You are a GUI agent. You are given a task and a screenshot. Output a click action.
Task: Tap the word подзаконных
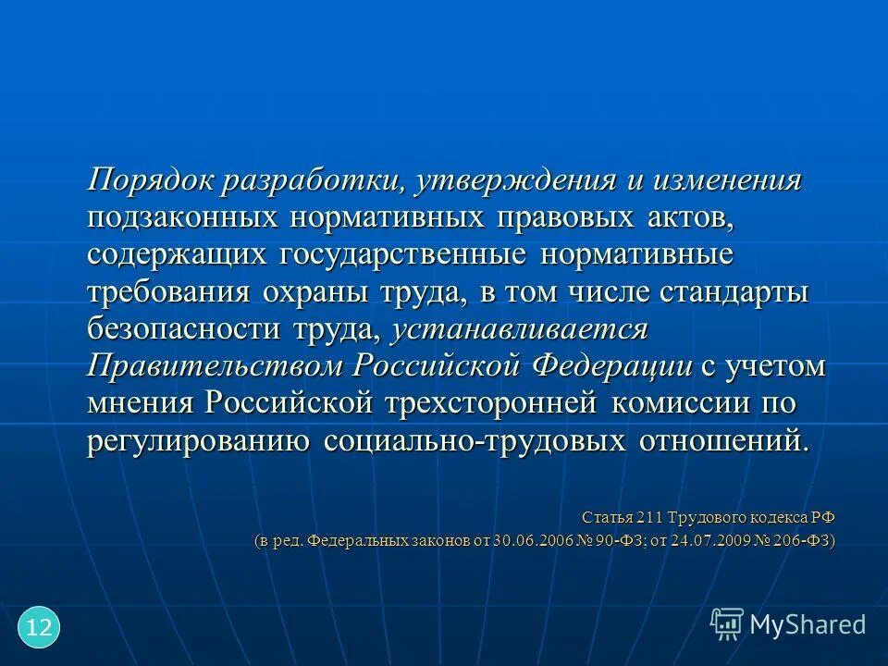pos(182,218)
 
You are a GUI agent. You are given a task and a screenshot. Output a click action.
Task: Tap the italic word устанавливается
pos(521,329)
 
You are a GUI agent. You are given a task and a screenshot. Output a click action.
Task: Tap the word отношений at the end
pos(724,440)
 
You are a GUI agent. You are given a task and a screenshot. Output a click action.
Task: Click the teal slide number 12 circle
pos(39,628)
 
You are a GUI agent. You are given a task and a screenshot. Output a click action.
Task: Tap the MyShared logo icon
pos(727,623)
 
